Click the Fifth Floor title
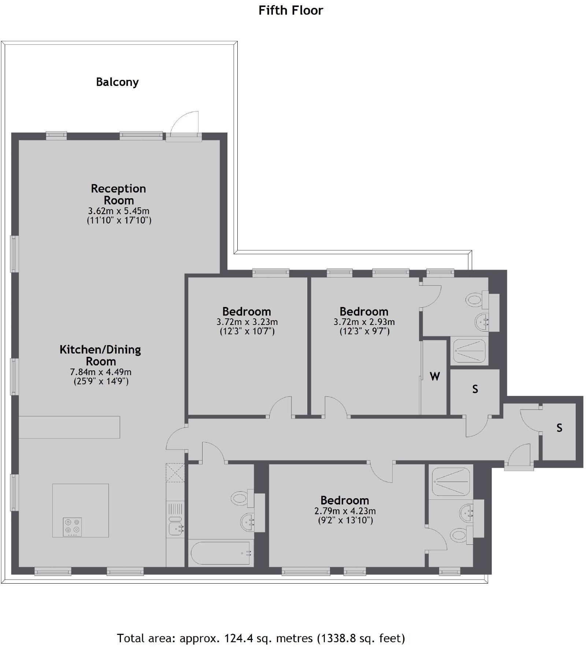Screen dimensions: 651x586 291,10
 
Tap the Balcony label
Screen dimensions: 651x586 117,82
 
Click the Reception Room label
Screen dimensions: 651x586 119,194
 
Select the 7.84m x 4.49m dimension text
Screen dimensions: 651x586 101,372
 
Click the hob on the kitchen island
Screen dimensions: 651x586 73,527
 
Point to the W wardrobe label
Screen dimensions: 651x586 434,376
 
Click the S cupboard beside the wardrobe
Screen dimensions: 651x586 475,389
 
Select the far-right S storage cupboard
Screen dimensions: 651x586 559,428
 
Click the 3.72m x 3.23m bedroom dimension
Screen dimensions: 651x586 247,322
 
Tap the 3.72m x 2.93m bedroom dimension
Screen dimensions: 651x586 364,322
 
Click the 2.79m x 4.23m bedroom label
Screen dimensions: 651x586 345,511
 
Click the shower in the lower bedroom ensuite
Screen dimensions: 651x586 451,481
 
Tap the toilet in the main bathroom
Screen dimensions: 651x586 240,498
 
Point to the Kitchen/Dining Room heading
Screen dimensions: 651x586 100,355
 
